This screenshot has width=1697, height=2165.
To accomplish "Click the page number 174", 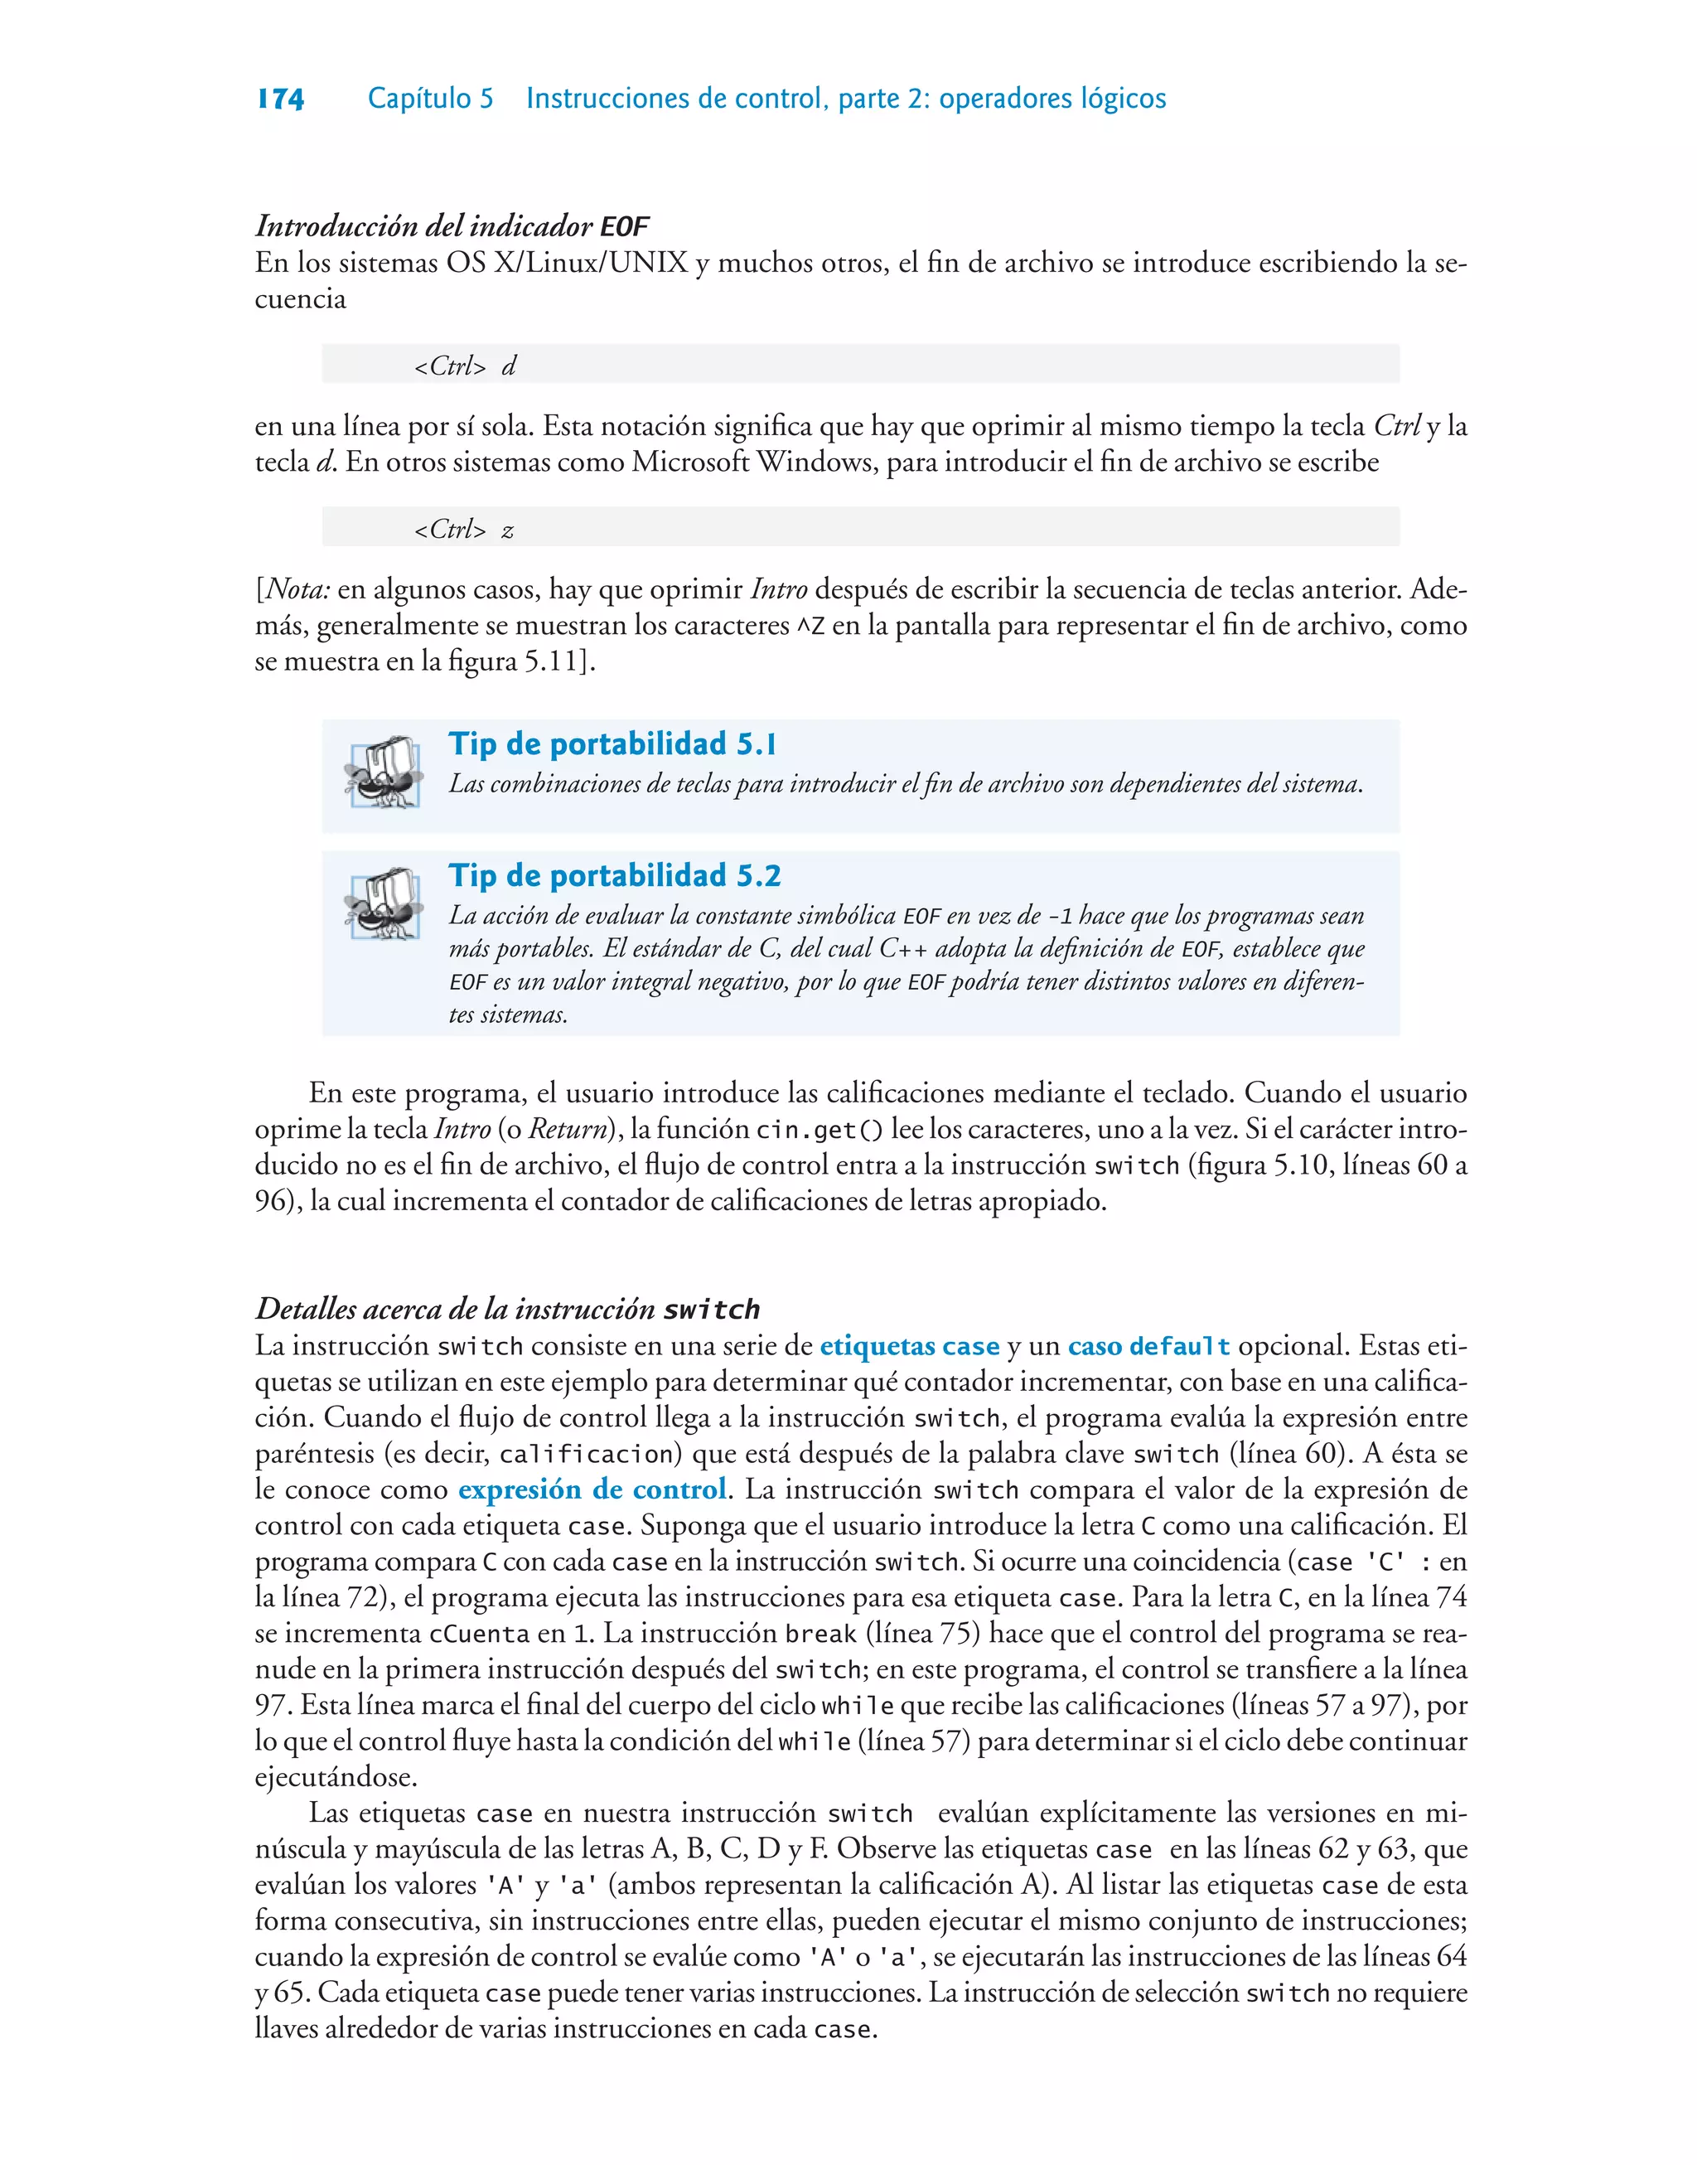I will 280,99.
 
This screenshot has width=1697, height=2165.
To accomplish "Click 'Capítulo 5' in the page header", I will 430,99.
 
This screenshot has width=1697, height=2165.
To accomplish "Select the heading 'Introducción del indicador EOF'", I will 452,226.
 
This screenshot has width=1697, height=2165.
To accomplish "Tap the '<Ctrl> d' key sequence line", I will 465,366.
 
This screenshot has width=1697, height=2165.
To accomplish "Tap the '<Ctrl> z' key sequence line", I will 464,530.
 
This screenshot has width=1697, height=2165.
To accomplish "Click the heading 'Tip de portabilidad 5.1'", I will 612,744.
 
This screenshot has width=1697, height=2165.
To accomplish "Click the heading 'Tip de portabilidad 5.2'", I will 614,875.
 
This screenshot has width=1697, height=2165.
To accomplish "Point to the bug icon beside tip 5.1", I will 383,772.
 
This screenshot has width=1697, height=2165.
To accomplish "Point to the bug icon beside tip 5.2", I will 383,903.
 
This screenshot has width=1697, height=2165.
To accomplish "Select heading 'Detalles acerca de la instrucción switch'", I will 508,1309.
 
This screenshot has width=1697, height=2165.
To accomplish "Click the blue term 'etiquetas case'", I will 909,1346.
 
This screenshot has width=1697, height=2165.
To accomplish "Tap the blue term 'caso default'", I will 1148,1346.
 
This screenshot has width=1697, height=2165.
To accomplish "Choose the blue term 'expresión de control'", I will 592,1489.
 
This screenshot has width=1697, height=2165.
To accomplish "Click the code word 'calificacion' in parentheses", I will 587,1455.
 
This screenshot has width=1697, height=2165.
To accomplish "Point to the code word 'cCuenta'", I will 479,1634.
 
